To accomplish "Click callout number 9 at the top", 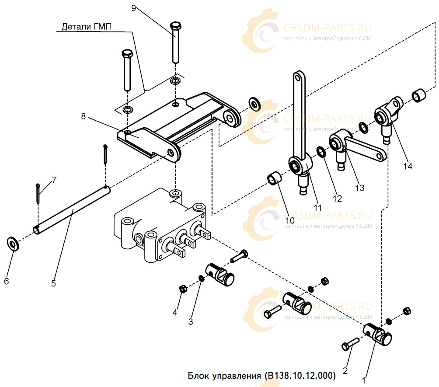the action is point(133,8).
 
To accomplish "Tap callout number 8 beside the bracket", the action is point(83,116).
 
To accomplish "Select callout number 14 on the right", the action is point(408,166).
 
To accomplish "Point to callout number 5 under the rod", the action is point(53,283).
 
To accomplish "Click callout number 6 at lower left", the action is point(7,281).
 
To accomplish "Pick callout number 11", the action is point(317,208).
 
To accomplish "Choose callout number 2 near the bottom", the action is point(345,370).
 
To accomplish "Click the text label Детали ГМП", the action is point(87,27).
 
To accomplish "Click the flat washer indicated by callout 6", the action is point(13,244).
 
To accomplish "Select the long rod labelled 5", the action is point(72,210).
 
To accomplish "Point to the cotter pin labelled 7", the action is point(38,193).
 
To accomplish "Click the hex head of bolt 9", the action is point(175,26).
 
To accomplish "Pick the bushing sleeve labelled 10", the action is point(275,178).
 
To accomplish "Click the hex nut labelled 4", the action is point(182,289).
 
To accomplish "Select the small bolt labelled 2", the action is point(350,344).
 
